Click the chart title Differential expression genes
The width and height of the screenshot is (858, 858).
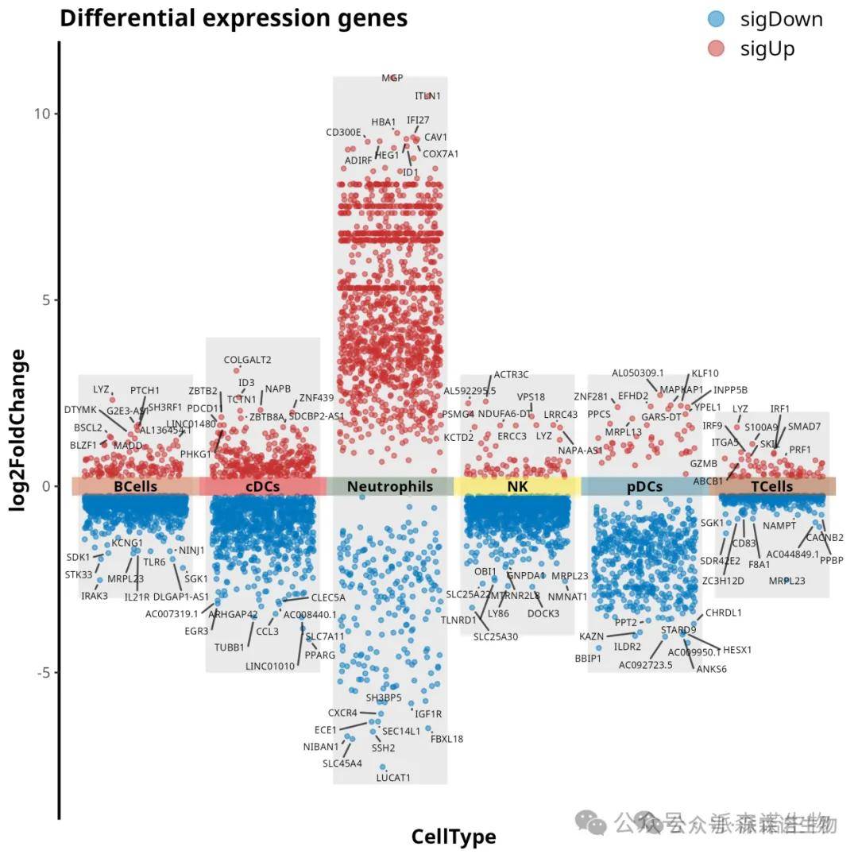pos(234,18)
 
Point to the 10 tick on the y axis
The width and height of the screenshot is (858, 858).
pos(41,114)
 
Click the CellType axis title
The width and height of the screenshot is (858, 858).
pos(454,837)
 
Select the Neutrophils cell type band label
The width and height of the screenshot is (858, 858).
pos(390,486)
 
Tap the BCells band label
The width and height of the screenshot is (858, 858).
pos(135,486)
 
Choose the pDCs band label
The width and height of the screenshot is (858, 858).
pos(644,486)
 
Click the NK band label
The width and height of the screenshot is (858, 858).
pos(517,486)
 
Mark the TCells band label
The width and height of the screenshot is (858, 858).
pos(771,486)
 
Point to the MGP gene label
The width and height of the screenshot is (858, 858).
pos(392,78)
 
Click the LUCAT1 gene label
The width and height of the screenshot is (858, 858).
pos(393,778)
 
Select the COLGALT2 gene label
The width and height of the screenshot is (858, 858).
pos(247,360)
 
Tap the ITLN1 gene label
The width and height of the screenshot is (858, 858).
pos(427,96)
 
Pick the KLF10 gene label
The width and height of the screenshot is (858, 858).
pos(705,373)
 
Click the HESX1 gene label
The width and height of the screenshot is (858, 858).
pos(736,650)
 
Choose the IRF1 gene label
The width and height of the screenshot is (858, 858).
pos(780,409)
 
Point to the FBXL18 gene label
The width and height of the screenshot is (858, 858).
pos(446,739)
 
